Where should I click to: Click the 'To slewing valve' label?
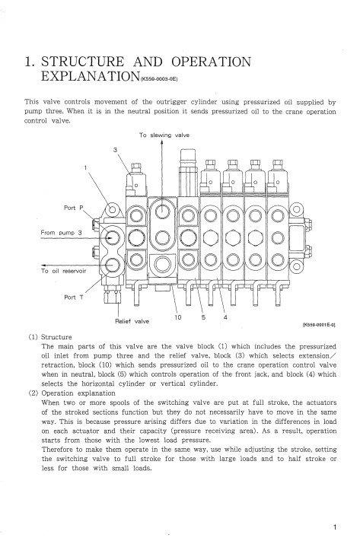pyautogui.click(x=164, y=135)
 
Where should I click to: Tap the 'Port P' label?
pyautogui.click(x=74, y=208)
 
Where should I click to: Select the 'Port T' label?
pyautogui.click(x=74, y=297)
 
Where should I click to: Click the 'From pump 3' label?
pyautogui.click(x=61, y=233)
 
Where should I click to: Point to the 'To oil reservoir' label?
pyautogui.click(x=63, y=271)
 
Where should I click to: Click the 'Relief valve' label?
pyautogui.click(x=132, y=321)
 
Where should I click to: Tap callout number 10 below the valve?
pyautogui.click(x=178, y=317)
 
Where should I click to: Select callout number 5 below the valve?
pyautogui.click(x=203, y=317)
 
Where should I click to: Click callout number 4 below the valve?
pyautogui.click(x=225, y=317)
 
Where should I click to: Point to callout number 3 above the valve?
pyautogui.click(x=115, y=150)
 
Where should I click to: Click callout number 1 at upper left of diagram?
pyautogui.click(x=85, y=167)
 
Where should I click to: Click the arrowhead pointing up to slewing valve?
pyautogui.click(x=162, y=143)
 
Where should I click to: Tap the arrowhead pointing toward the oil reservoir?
pyautogui.click(x=44, y=266)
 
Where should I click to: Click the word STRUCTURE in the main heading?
pyautogui.click(x=83, y=62)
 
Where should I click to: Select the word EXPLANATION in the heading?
pyautogui.click(x=91, y=76)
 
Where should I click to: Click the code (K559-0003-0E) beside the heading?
pyautogui.click(x=159, y=79)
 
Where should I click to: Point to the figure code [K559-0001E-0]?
pyautogui.click(x=319, y=325)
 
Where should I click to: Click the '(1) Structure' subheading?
pyautogui.click(x=50, y=337)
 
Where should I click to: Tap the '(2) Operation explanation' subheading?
pyautogui.click(x=72, y=393)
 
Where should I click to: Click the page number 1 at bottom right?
pyautogui.click(x=335, y=528)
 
